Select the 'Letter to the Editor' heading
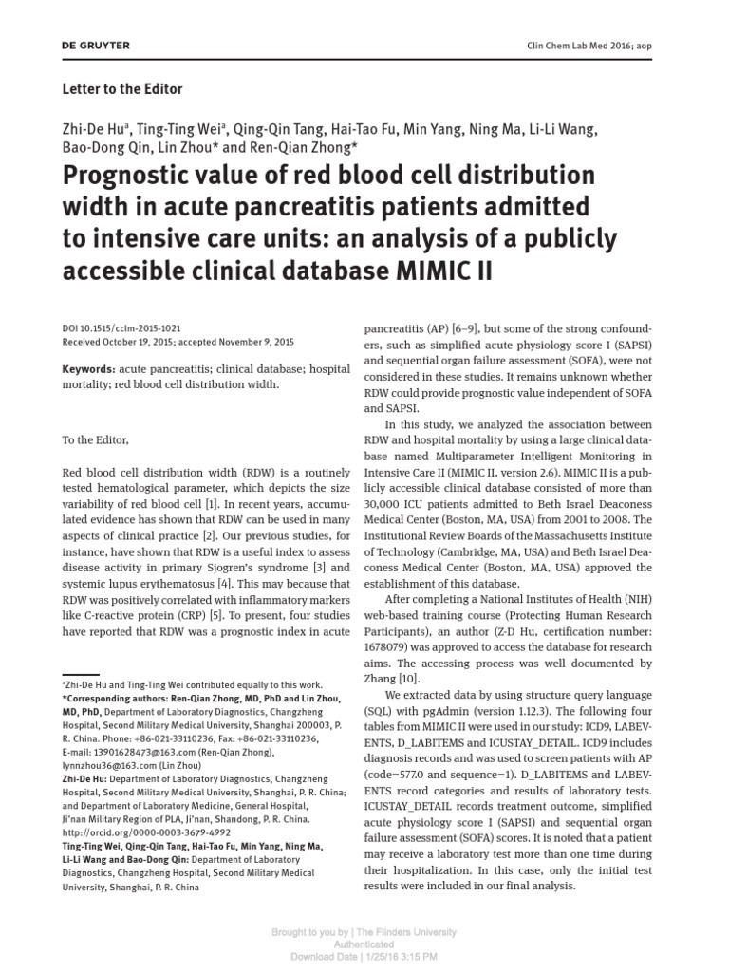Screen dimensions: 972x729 coord(121,89)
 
